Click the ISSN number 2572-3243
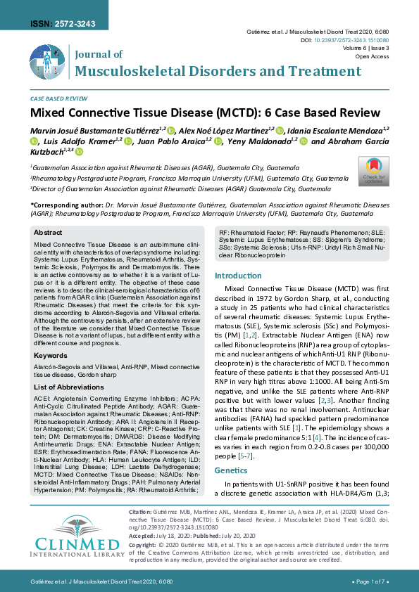61,24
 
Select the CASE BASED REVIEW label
58,100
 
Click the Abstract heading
48,231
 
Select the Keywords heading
51,356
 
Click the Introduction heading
242,276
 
